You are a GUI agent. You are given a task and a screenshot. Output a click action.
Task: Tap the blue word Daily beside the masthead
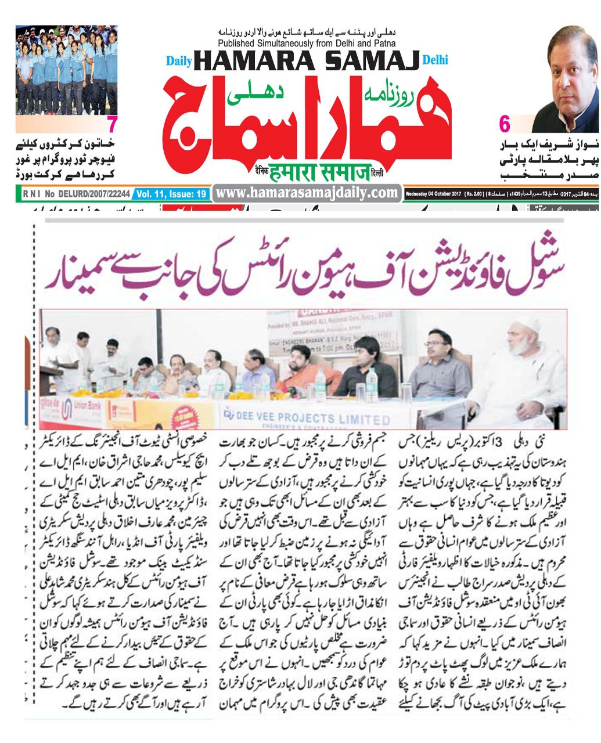[x=179, y=61]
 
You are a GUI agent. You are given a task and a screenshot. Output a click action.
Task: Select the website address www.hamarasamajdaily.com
[x=307, y=193]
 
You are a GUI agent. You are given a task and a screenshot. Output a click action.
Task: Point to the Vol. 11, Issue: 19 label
[x=171, y=194]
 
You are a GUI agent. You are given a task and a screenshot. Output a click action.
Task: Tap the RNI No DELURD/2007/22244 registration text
[x=74, y=194]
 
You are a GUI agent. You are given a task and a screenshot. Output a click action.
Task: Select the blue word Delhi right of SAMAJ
[x=436, y=60]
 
